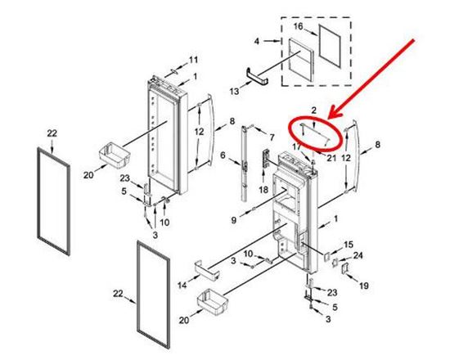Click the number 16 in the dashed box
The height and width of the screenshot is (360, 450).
299,26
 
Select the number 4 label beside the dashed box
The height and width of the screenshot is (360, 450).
257,42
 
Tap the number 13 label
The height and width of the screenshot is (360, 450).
234,92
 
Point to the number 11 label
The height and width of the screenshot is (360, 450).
193,60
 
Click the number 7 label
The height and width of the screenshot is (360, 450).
272,137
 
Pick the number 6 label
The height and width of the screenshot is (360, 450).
223,155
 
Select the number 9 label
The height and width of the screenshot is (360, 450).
234,220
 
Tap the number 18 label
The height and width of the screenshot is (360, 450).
263,190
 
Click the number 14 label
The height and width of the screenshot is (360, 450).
182,285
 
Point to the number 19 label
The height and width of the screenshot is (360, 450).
363,286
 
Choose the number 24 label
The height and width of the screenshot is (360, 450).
358,255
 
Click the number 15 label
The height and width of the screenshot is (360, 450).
349,245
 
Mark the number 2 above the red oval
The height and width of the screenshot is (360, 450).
314,110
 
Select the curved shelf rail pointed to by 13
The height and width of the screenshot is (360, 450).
258,75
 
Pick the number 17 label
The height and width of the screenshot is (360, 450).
297,146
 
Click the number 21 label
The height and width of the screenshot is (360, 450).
331,158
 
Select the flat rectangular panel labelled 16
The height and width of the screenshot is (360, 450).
330,47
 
